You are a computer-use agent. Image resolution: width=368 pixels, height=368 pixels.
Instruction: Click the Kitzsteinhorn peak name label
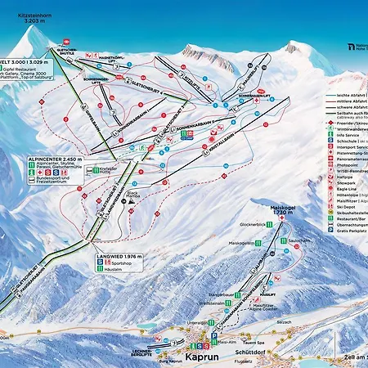coord(25,16)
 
